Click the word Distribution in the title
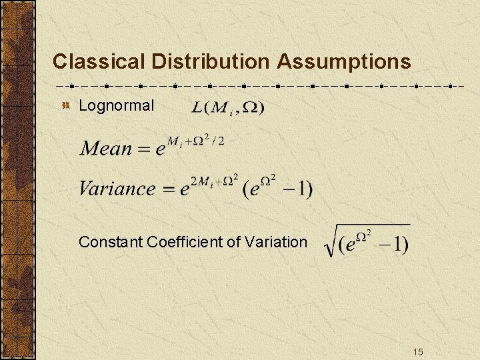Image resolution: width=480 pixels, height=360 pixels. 209,62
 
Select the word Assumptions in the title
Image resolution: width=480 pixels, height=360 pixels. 344,62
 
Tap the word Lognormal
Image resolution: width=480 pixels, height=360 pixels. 116,105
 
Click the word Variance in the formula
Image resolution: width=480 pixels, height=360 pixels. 117,188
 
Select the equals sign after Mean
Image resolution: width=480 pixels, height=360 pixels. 143,149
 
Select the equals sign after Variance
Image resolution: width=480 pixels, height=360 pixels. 167,189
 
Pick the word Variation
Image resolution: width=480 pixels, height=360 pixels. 277,241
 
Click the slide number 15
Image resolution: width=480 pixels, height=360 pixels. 418,351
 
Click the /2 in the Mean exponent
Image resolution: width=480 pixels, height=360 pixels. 219,140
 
